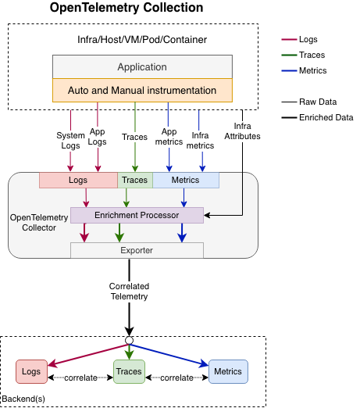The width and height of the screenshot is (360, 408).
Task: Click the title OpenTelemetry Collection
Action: [x=127, y=9]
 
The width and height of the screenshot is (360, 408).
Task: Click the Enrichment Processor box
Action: [x=137, y=214]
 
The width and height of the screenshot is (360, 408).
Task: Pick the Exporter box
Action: [x=137, y=250]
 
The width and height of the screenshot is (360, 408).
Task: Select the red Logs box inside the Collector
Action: [x=78, y=181]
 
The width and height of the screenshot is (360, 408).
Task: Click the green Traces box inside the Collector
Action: [x=134, y=181]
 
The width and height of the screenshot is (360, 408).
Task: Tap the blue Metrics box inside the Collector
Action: [x=185, y=181]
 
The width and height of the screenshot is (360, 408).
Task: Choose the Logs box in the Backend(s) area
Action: [x=31, y=371]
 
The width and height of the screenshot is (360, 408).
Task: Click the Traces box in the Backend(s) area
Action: [x=130, y=371]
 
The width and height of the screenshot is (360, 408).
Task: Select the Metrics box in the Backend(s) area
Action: [x=227, y=371]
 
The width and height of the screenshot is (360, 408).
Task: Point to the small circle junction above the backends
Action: [x=129, y=340]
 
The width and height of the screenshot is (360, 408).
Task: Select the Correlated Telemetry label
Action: [x=129, y=292]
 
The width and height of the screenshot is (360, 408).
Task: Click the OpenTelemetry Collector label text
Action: [x=34, y=221]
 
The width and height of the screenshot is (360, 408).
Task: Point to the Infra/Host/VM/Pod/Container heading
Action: [x=136, y=40]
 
